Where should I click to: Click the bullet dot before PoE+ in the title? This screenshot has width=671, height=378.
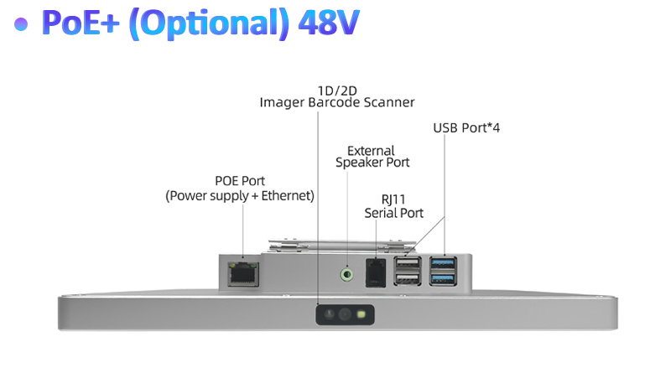[x=23, y=23]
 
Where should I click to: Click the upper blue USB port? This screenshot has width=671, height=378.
[x=443, y=264]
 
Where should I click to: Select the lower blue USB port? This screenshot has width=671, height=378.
[x=443, y=280]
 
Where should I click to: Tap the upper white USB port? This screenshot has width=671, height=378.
[x=407, y=264]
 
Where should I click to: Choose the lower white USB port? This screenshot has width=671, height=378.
[x=407, y=280]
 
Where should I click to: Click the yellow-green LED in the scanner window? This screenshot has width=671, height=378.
[x=361, y=315]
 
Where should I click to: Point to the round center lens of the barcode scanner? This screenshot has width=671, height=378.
[x=345, y=315]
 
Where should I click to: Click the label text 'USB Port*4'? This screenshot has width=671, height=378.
[x=466, y=128]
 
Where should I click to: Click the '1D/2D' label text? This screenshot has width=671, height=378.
[x=336, y=90]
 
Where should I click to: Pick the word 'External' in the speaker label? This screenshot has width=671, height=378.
[x=371, y=151]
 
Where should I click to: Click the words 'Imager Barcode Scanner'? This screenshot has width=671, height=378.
[x=336, y=102]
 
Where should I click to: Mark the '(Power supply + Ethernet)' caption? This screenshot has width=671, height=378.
[x=240, y=195]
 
